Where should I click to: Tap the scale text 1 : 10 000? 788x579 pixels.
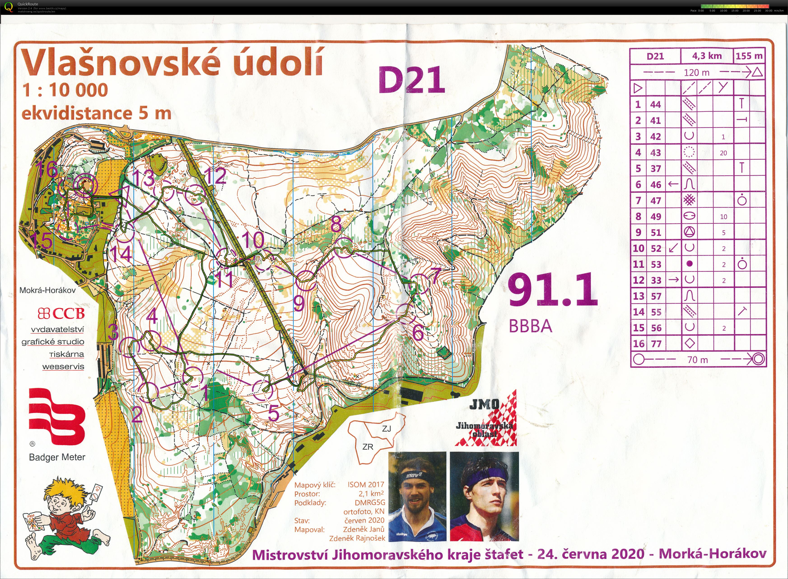point(65,90)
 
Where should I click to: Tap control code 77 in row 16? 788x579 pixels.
point(656,344)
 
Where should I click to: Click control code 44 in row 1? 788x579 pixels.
point(655,104)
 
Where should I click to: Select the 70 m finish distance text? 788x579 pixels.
point(698,360)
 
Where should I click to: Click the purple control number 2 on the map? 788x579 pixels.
point(137,415)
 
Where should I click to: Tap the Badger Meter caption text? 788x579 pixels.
point(57,457)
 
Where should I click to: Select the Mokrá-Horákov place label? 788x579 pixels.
point(47,290)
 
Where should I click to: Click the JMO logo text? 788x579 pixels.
point(484,405)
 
